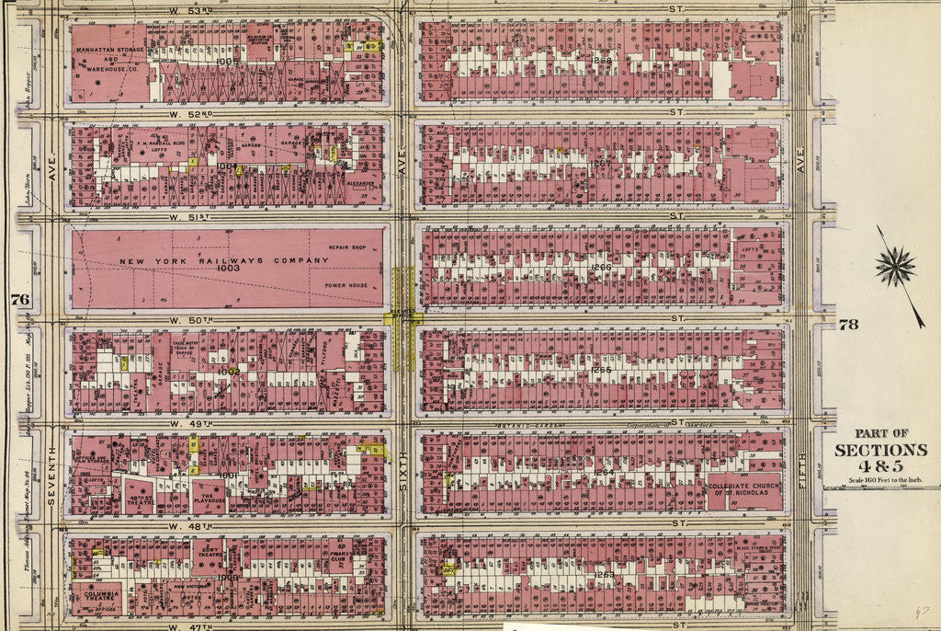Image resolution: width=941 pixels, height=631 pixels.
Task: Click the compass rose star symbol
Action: [894, 267]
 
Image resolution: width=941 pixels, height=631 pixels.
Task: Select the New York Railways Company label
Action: [223, 261]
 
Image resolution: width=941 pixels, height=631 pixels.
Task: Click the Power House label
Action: [346, 286]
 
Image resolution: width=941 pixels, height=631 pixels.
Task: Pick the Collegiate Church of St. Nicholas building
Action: [744, 488]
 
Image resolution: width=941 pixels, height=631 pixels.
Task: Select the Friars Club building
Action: [338, 557]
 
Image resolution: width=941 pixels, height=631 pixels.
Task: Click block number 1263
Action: [603, 574]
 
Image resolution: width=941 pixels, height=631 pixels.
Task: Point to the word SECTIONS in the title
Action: [880, 450]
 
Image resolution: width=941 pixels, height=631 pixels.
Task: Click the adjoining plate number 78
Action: [847, 324]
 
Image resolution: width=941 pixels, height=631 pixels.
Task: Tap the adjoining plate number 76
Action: [19, 299]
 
